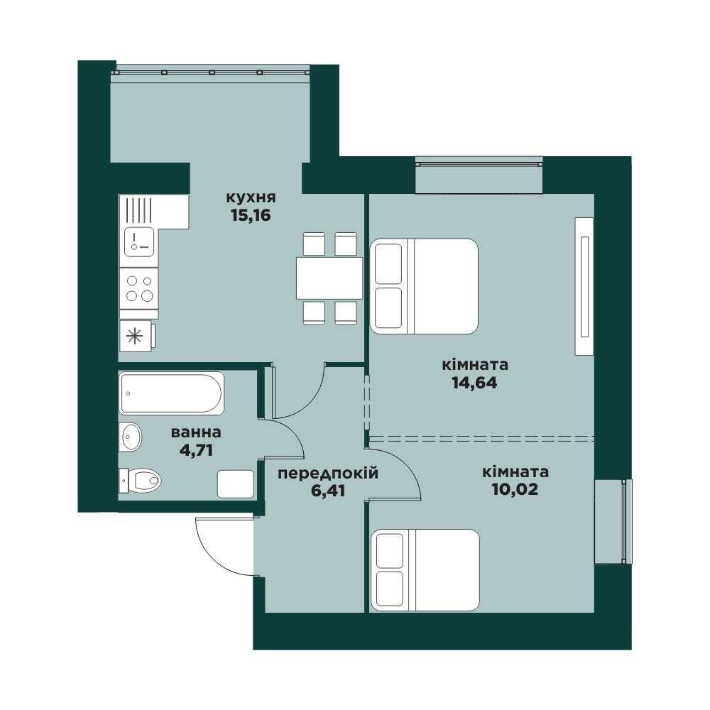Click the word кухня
tap(251, 198)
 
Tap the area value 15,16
tap(251, 216)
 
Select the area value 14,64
tap(474, 383)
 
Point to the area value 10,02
tap(515, 489)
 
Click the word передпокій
tap(328, 474)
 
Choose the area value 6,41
tap(328, 491)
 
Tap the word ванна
tap(196, 433)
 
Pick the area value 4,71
tap(196, 451)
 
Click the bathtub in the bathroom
tap(172, 393)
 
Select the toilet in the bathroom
tap(140, 480)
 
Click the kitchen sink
tap(139, 241)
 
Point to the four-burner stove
tap(139, 288)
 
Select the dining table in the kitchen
tap(329, 278)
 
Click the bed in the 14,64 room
tap(425, 286)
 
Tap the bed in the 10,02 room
tap(425, 571)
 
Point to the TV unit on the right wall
tap(584, 286)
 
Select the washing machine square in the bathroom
tap(236, 484)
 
